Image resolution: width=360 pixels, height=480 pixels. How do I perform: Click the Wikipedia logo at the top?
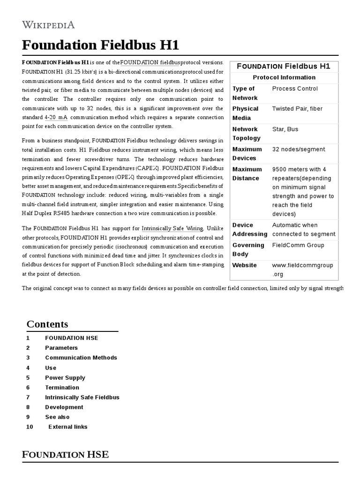(x=48, y=25)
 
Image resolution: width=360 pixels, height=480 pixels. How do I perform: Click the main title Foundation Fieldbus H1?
(x=100, y=45)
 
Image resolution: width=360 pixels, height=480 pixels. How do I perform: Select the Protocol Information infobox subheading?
(x=284, y=77)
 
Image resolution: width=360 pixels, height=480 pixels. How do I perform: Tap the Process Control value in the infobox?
(x=294, y=89)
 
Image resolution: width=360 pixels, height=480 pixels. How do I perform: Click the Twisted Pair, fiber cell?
(x=297, y=109)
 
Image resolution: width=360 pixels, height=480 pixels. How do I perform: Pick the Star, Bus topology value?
(x=285, y=129)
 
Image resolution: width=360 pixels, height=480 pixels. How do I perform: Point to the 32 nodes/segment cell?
(x=298, y=149)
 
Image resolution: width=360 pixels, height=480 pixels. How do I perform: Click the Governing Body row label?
(x=248, y=249)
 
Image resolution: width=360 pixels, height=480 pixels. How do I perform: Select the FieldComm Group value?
(x=298, y=245)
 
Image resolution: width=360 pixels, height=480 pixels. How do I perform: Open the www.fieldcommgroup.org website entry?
(x=302, y=270)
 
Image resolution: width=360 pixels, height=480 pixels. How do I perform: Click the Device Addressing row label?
(x=249, y=229)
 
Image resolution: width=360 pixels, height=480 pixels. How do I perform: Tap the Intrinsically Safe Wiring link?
(x=172, y=228)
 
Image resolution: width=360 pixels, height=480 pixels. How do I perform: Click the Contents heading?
(x=47, y=324)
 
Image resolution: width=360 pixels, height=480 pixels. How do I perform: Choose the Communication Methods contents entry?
(x=81, y=358)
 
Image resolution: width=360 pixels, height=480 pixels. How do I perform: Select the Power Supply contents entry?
(x=65, y=378)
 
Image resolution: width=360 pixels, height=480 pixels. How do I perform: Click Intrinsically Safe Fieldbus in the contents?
(x=82, y=397)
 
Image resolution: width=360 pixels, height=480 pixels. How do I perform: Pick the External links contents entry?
(x=68, y=427)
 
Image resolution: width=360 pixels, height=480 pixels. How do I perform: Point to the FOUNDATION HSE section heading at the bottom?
(x=65, y=454)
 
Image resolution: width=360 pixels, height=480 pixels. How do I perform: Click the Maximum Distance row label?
(x=247, y=173)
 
